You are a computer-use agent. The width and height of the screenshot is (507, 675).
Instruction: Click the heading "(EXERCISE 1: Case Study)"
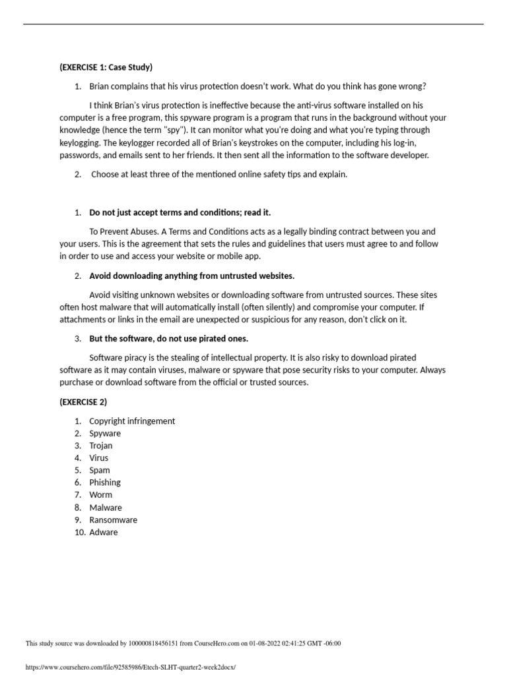(x=106, y=67)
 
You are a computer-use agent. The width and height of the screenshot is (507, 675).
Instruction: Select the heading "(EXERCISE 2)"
(x=83, y=402)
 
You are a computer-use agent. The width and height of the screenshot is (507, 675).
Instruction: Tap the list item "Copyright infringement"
(x=132, y=421)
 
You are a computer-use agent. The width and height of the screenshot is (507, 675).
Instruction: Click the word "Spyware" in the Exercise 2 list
(x=105, y=434)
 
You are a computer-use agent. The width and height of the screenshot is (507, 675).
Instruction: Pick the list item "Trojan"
(x=101, y=446)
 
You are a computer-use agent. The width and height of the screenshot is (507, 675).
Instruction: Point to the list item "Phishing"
(x=105, y=483)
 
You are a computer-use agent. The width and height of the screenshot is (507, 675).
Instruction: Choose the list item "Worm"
(x=100, y=495)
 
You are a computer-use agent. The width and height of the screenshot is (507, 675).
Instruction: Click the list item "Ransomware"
(x=113, y=520)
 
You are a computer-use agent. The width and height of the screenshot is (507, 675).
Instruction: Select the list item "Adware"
(x=103, y=532)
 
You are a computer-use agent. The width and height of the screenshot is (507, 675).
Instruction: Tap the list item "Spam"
(x=100, y=471)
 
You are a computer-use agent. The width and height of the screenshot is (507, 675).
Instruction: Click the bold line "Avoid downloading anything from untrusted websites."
(x=192, y=276)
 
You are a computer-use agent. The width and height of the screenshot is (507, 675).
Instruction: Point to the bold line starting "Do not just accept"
(x=180, y=212)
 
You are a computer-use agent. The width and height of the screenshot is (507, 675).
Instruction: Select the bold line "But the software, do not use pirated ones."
(x=169, y=339)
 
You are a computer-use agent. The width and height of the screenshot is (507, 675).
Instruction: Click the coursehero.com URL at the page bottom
(x=130, y=668)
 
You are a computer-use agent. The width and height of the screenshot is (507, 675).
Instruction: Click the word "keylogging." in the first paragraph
(x=81, y=143)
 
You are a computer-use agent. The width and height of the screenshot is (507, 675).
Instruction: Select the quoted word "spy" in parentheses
(x=175, y=131)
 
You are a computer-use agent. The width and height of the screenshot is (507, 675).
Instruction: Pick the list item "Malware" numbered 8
(x=106, y=508)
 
